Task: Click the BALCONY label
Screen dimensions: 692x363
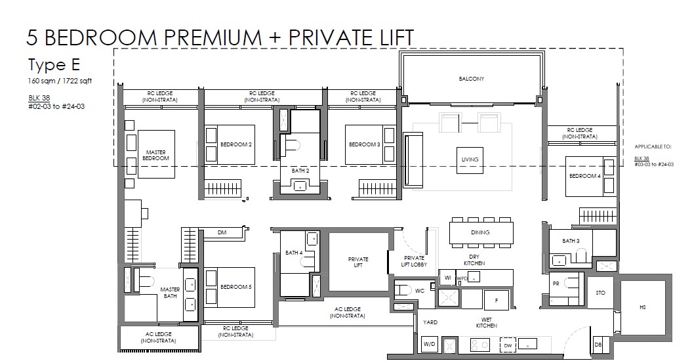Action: coord(472,79)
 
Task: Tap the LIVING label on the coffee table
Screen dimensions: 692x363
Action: coord(470,160)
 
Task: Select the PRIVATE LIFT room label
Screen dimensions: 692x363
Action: coord(358,263)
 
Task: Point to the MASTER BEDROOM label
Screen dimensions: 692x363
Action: coord(156,155)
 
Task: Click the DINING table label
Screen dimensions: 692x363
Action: coord(480,232)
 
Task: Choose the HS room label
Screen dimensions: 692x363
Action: coord(643,307)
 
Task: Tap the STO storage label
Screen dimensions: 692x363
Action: coord(601,293)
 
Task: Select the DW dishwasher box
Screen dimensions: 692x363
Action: coord(508,345)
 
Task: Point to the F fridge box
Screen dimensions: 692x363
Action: coord(497,300)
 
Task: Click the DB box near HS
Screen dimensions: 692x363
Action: coord(598,344)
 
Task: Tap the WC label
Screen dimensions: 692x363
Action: coord(419,291)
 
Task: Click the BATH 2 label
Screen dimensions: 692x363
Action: coord(300,171)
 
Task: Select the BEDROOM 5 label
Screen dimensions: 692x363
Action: coord(236,287)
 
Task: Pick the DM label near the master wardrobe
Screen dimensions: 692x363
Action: coord(222,232)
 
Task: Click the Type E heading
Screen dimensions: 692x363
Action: coord(54,65)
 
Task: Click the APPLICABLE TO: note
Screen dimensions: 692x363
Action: coord(653,146)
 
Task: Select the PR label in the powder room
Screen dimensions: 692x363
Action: coord(556,284)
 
